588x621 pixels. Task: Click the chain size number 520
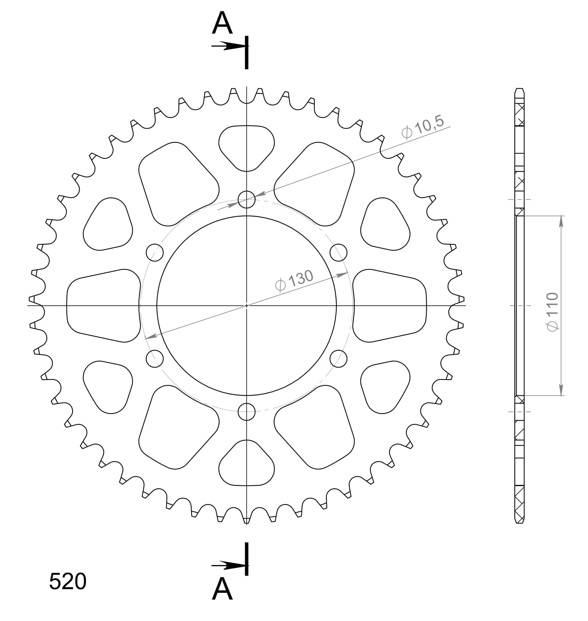68,581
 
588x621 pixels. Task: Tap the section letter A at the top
222,23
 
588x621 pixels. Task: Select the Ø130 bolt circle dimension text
294,280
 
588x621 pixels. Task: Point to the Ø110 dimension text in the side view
553,312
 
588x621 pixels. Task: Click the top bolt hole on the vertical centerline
247,199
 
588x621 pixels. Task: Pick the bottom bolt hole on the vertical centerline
247,412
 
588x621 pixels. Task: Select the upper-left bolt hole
155,252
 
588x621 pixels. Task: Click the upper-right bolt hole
338,252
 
